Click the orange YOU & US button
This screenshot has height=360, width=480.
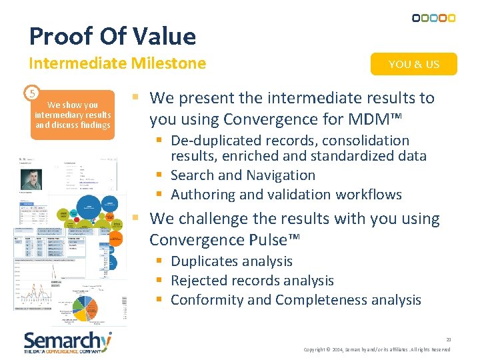tap(414, 64)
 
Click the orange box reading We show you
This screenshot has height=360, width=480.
tap(73, 115)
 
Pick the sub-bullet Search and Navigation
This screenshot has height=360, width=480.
tap(243, 175)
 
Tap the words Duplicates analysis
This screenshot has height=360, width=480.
tap(231, 261)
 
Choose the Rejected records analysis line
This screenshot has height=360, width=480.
tap(252, 281)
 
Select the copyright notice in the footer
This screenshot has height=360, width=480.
tap(377, 349)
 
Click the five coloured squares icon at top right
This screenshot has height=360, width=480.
tap(434, 18)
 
